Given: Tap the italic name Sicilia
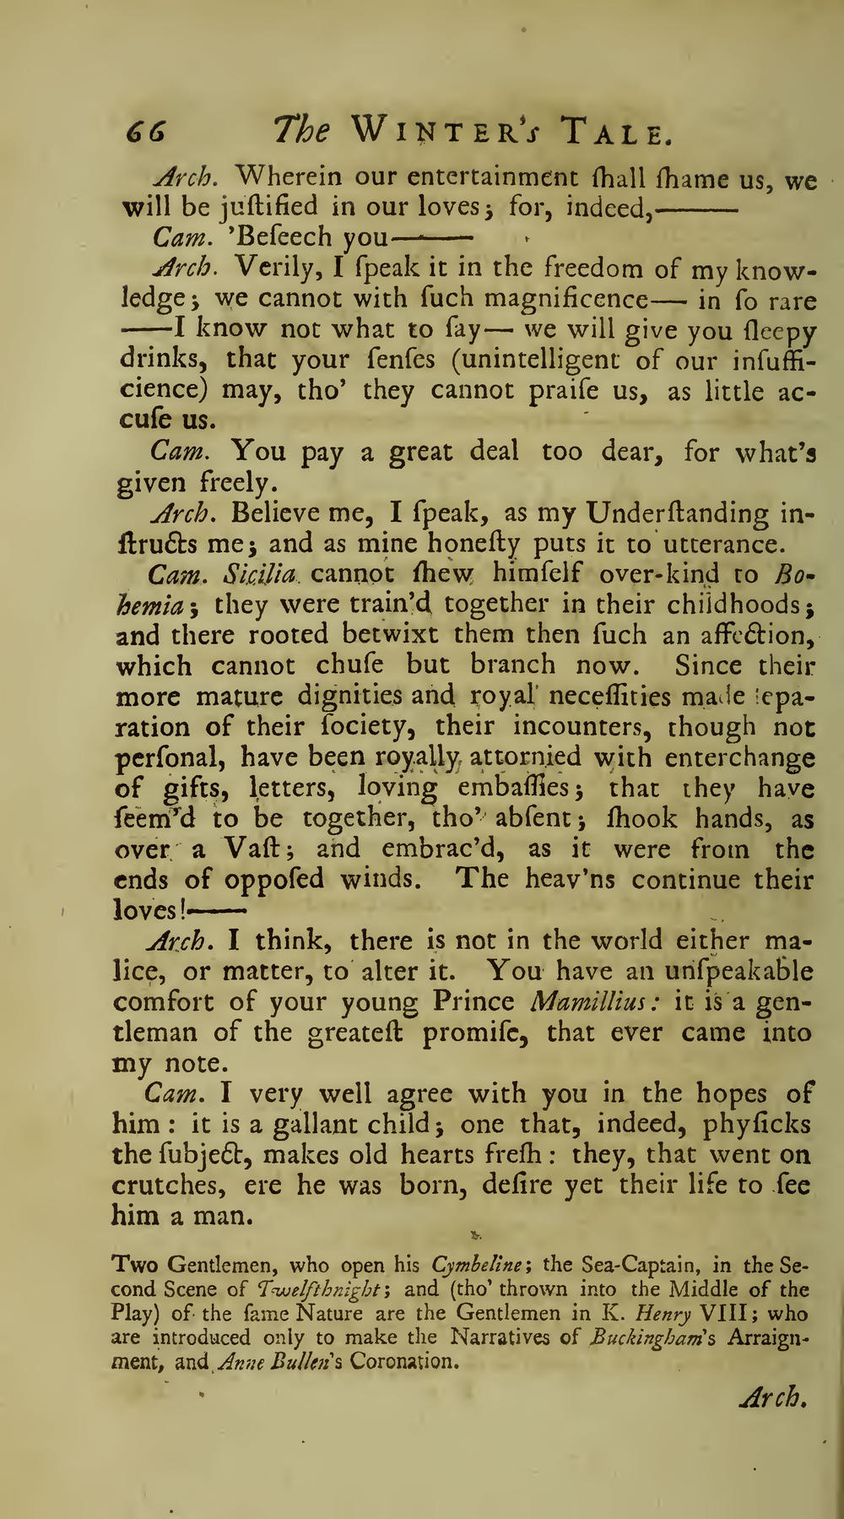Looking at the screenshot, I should pyautogui.click(x=261, y=574).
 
